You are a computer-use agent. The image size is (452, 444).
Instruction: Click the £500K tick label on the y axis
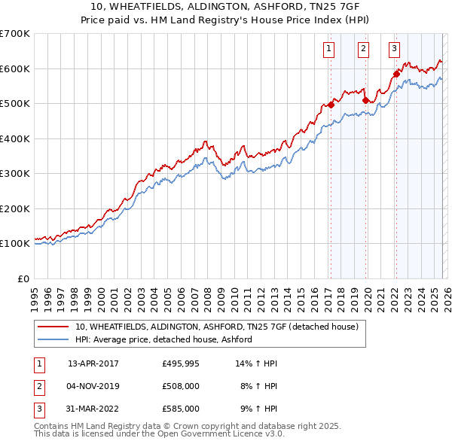point(15,104)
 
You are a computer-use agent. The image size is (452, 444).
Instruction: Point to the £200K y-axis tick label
point(15,208)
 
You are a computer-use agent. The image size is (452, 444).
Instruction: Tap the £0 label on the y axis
point(23,278)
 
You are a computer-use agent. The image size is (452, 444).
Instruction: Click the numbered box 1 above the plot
point(330,50)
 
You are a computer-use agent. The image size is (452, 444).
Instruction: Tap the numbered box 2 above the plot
point(363,50)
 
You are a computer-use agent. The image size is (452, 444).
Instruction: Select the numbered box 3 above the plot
point(394,50)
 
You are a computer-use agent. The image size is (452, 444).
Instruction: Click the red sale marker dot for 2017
point(331,105)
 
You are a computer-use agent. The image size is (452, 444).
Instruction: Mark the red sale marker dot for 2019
point(365,100)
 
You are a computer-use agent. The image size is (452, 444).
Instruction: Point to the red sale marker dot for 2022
point(396,74)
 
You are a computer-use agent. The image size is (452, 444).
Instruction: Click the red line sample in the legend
point(54,327)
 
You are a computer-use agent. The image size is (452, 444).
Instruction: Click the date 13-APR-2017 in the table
point(93,363)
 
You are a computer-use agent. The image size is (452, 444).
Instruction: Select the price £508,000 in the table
point(181,386)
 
